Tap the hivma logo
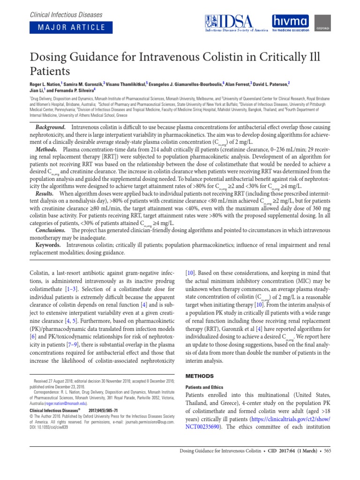[x=291, y=22]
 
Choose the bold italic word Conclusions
[x=51, y=230]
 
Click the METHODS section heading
[x=200, y=376]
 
